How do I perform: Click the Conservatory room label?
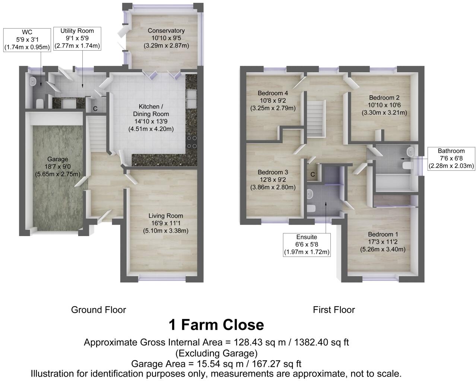(x=166, y=38)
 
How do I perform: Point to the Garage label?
(x=57, y=166)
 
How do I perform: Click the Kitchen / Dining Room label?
(x=151, y=118)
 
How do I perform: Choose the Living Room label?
(x=166, y=223)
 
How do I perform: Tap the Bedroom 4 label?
(x=273, y=100)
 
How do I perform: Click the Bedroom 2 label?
(x=384, y=105)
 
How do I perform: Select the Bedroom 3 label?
(x=273, y=180)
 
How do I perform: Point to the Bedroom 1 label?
(x=383, y=242)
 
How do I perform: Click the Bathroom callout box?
(x=451, y=158)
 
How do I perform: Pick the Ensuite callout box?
(x=307, y=244)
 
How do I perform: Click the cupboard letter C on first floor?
(x=313, y=175)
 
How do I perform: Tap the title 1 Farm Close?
(x=216, y=325)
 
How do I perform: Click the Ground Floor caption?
(x=98, y=310)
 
